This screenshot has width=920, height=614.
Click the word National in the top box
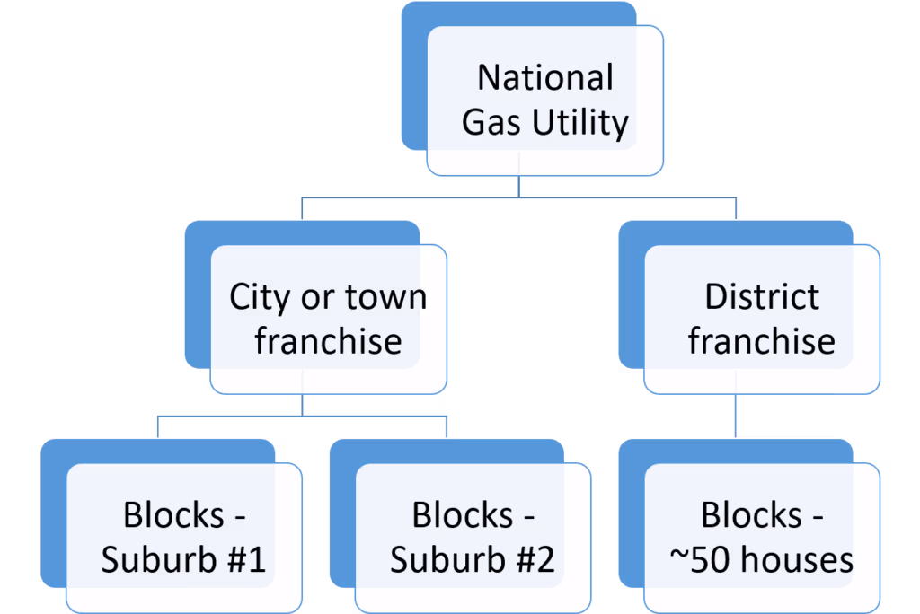[545, 77]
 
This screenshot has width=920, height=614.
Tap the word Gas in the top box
[491, 123]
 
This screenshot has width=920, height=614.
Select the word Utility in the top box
[580, 124]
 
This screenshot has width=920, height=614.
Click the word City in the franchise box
[260, 298]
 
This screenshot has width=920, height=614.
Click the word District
[762, 296]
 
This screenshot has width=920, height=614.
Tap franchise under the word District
[762, 341]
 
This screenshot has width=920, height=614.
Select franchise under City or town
[328, 341]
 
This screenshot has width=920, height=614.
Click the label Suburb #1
[183, 559]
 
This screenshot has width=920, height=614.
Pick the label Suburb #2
[473, 559]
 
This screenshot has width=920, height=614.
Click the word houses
[797, 559]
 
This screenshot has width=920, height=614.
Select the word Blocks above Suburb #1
[173, 515]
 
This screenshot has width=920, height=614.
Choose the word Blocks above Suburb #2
[463, 515]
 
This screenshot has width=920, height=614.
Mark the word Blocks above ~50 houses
[752, 515]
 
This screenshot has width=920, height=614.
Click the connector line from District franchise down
[735, 416]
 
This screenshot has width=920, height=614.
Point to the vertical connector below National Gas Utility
[518, 187]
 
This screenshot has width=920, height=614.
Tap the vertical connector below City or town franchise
[302, 405]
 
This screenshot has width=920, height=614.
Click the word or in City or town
[317, 299]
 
